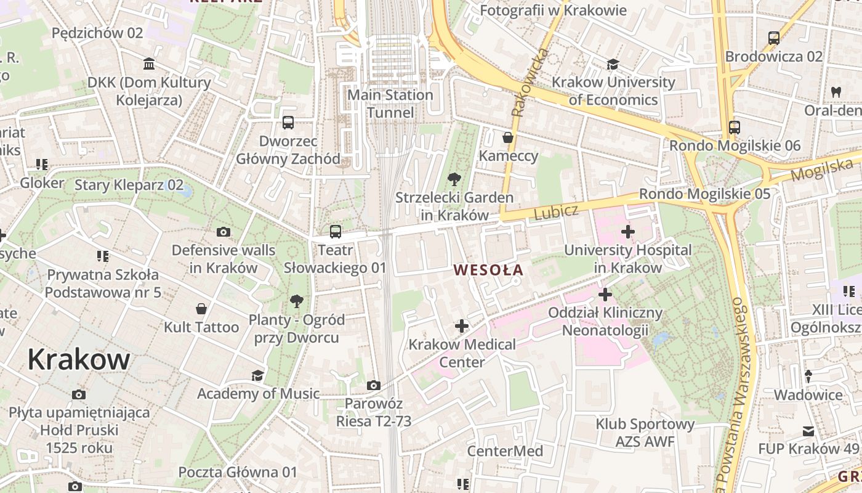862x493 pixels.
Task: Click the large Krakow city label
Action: pos(79,359)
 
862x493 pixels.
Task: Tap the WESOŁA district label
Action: pos(488,269)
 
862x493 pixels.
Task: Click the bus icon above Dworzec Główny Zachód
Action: pos(288,122)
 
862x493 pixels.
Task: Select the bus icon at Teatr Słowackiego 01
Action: pos(335,232)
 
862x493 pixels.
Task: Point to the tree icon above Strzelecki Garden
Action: pos(454,179)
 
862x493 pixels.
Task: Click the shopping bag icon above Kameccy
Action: pos(508,137)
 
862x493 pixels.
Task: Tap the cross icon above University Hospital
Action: pos(627,232)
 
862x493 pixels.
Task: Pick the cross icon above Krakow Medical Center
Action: pos(462,325)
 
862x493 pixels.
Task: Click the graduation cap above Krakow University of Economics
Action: pos(613,64)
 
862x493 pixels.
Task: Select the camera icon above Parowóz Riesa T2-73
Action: pos(373,385)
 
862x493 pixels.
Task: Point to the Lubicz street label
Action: pos(556,213)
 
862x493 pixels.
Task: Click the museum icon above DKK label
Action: pos(149,63)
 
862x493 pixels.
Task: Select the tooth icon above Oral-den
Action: pos(836,92)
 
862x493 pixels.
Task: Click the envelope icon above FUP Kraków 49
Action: pos(808,431)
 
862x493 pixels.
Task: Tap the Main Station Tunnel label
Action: pos(390,104)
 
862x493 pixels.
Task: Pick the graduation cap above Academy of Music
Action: pos(257,375)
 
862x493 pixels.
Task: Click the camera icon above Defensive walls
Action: pos(224,232)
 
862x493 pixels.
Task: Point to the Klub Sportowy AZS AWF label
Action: pos(645,433)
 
